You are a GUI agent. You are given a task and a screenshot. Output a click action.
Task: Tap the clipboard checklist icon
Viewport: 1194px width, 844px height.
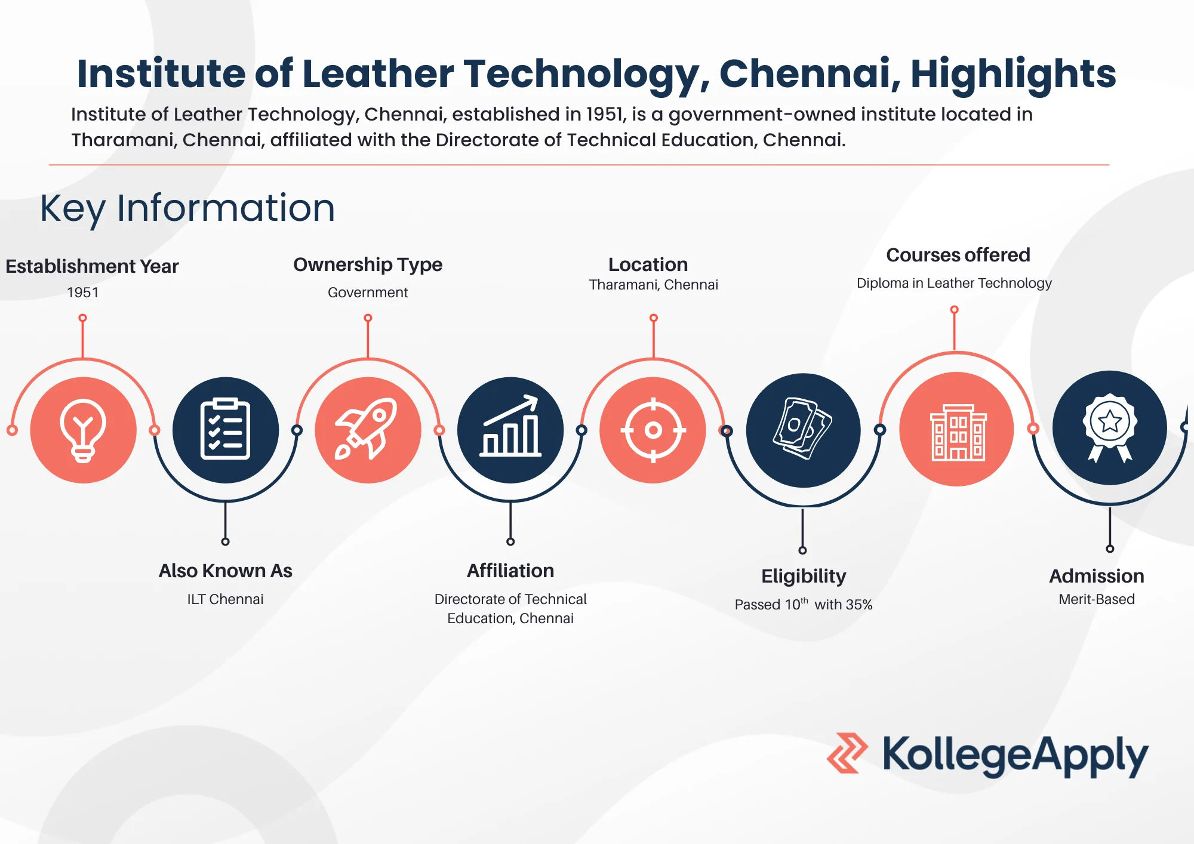point(225,429)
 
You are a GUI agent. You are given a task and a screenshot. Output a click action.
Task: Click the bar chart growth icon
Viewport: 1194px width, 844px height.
point(510,428)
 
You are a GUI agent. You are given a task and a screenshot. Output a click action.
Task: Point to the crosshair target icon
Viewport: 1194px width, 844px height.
point(653,430)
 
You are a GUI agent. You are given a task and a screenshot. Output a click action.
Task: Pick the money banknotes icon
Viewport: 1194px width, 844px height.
point(803,429)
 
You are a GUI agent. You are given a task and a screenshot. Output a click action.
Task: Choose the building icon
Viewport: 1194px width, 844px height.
point(957,431)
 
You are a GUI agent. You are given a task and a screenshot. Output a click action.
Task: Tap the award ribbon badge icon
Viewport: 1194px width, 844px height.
point(1110,427)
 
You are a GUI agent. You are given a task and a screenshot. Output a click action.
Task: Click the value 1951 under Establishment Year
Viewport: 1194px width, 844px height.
point(83,292)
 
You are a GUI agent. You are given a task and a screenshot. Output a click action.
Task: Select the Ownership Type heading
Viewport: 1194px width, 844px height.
point(368,264)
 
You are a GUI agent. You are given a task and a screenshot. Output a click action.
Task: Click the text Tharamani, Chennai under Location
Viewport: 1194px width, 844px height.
point(653,285)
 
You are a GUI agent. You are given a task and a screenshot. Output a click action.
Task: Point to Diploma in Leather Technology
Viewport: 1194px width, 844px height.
point(954,283)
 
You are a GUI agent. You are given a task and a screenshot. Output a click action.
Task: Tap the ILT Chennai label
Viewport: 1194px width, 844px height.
point(225,599)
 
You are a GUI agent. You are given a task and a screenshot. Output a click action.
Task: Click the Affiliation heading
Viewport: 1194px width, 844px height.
point(510,571)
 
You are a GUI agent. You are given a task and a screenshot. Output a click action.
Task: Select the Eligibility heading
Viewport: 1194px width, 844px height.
point(804,576)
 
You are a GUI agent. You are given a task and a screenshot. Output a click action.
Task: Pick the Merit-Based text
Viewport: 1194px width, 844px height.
point(1097,599)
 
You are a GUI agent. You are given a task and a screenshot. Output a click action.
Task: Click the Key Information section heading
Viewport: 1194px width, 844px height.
point(187,208)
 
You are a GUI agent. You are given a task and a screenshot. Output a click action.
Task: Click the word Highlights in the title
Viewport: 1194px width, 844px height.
point(1013,73)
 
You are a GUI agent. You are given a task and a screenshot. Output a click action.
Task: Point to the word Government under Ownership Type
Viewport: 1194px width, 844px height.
point(368,292)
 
